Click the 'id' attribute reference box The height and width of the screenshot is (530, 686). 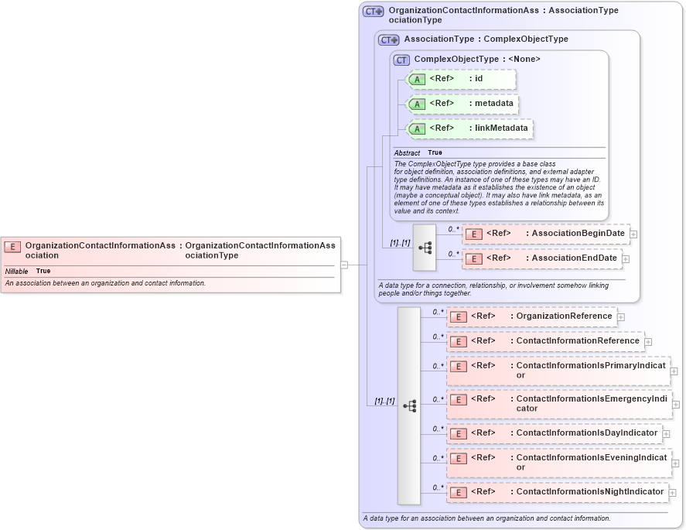point(461,79)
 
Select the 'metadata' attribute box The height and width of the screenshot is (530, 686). point(461,104)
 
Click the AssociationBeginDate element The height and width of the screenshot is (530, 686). point(545,234)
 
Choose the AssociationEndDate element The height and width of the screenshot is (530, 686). point(541,258)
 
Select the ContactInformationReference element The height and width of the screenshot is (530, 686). point(544,341)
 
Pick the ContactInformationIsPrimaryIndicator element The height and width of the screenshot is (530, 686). point(558,371)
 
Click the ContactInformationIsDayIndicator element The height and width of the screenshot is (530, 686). point(554,433)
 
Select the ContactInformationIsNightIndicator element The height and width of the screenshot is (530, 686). point(557,492)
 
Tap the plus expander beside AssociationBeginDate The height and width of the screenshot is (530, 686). point(633,234)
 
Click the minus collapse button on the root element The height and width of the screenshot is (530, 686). point(344,265)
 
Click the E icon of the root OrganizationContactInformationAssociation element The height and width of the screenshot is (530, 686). point(12,247)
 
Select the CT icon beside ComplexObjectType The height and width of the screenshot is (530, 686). point(401,60)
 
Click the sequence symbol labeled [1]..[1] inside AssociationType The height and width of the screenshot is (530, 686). point(425,248)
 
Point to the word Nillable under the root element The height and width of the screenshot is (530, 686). point(17,272)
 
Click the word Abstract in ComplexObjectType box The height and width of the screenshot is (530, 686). point(407,153)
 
